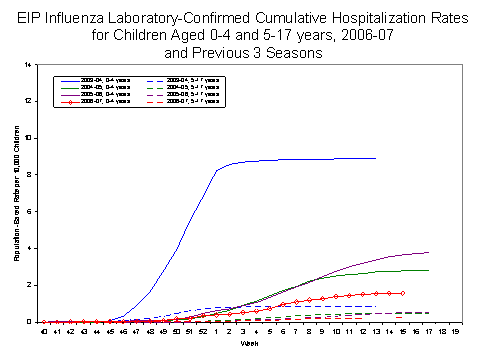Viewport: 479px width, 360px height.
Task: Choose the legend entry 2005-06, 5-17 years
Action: [186, 93]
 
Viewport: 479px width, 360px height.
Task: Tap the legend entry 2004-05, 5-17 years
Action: [186, 85]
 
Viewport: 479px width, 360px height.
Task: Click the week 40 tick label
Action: [44, 329]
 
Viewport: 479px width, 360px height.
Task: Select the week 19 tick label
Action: [455, 329]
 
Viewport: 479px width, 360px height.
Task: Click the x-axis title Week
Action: [248, 342]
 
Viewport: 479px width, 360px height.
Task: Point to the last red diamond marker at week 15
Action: [402, 293]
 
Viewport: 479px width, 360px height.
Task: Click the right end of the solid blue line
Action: [375, 158]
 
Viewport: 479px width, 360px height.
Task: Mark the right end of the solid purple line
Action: [429, 252]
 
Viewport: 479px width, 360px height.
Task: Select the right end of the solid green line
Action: [429, 270]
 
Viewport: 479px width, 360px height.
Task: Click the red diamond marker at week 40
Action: [44, 322]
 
